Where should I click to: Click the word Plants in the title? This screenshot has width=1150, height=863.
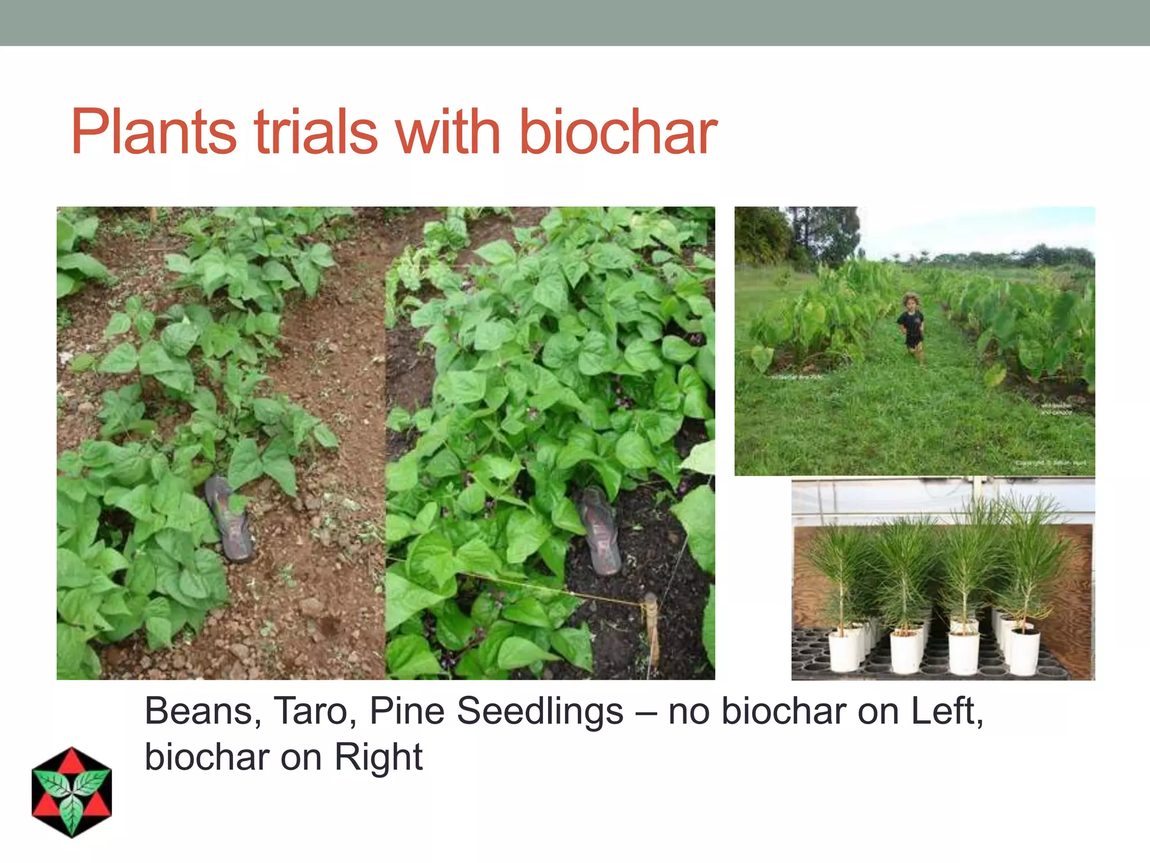153,132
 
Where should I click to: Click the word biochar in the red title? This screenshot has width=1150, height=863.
618,132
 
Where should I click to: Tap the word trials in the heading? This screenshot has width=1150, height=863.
316,132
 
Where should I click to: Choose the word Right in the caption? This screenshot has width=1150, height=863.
378,757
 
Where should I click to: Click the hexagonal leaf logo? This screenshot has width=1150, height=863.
72,792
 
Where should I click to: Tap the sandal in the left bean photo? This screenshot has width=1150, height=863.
229,519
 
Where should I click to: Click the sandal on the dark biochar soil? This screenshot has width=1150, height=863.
600,531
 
